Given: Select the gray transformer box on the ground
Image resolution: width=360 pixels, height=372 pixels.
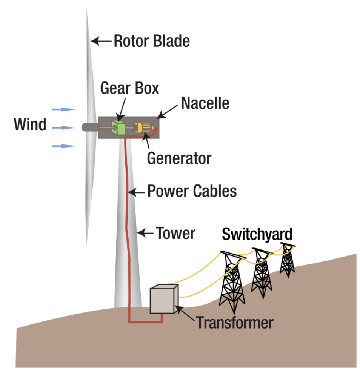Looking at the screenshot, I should tap(163, 300).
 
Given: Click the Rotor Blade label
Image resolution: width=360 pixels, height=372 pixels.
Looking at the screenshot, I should tap(152, 41).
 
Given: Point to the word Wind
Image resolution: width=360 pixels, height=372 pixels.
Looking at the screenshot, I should tap(30, 125).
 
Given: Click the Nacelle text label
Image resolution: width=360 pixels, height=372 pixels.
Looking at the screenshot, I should tap(205, 103).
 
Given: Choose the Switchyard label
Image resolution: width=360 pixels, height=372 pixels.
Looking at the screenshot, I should tap(257, 234).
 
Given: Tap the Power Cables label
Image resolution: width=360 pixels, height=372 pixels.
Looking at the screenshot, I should tap(192, 191).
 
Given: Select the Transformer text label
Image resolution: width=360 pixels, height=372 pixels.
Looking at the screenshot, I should tap(234, 323).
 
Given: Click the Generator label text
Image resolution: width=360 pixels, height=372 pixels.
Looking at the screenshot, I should tap(179, 158).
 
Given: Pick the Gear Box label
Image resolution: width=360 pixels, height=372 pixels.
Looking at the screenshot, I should tap(129, 88).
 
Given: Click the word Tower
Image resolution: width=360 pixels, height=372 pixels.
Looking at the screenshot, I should tap(176, 234).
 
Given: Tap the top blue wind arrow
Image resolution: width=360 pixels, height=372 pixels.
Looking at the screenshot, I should tap(64, 109).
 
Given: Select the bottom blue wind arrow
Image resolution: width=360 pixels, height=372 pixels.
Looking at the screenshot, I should tap(64, 146).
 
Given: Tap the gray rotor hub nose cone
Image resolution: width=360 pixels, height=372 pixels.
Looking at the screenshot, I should tap(88, 128).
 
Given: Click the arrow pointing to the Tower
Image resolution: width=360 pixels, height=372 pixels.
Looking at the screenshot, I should tap(145, 233).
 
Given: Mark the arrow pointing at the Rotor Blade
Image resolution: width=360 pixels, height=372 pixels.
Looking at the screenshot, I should tap(101, 40).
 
